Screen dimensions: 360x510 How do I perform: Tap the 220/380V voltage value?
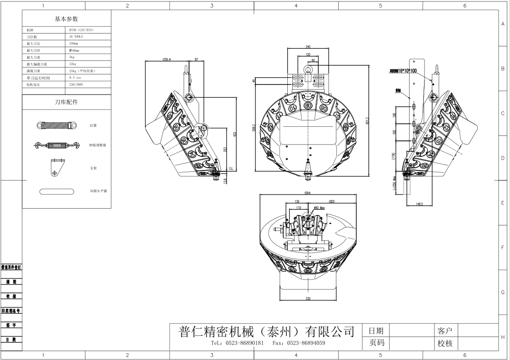click(76, 85)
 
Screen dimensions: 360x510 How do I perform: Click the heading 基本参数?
click(66, 19)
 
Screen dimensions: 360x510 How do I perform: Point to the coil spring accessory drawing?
click(55, 125)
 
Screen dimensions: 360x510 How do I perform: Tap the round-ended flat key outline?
click(56, 191)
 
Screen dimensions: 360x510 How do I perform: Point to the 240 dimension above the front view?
click(308, 47)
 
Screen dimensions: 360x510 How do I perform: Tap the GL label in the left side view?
click(231, 168)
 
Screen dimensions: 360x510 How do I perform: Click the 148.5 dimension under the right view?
click(419, 204)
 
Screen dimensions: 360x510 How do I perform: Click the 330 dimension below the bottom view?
click(308, 298)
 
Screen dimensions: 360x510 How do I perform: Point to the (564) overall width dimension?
click(308, 193)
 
